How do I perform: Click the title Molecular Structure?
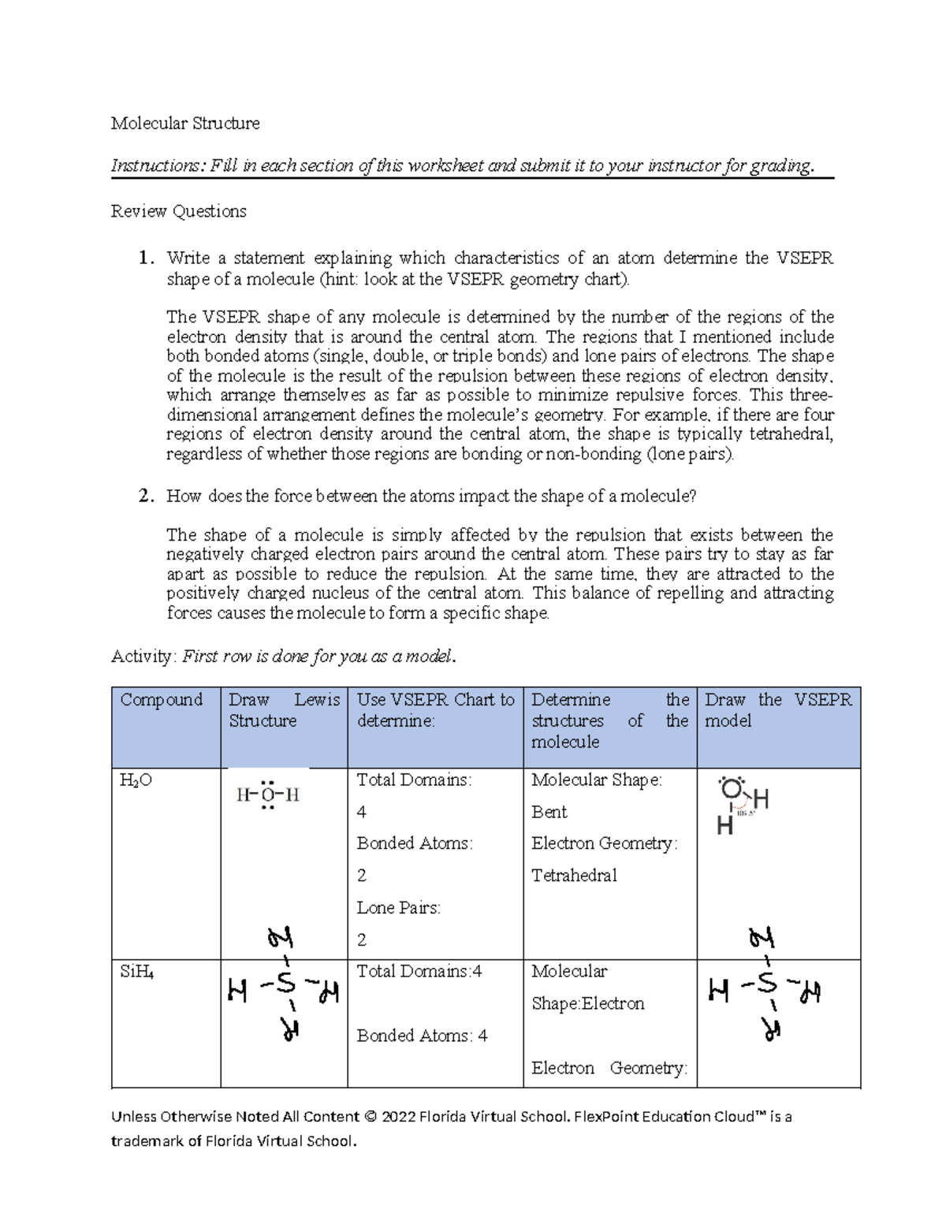coord(185,123)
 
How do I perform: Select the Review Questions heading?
coord(178,211)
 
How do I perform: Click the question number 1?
coord(145,258)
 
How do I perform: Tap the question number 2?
coord(145,496)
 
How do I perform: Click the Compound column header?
coord(162,700)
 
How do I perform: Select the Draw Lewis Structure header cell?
coord(284,710)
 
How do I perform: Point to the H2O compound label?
coord(136,780)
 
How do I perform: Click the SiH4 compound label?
coord(136,972)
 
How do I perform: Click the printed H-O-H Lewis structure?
coord(268,794)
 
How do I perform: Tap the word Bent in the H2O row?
coord(549,812)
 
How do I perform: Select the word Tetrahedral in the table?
coord(574,875)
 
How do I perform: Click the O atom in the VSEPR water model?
coord(731,789)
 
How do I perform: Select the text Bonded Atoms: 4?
coord(422,1036)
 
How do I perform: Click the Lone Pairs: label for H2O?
coord(398,908)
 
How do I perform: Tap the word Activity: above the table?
coord(143,657)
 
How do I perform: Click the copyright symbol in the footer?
coord(370,1117)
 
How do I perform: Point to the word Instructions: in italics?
coord(158,166)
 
